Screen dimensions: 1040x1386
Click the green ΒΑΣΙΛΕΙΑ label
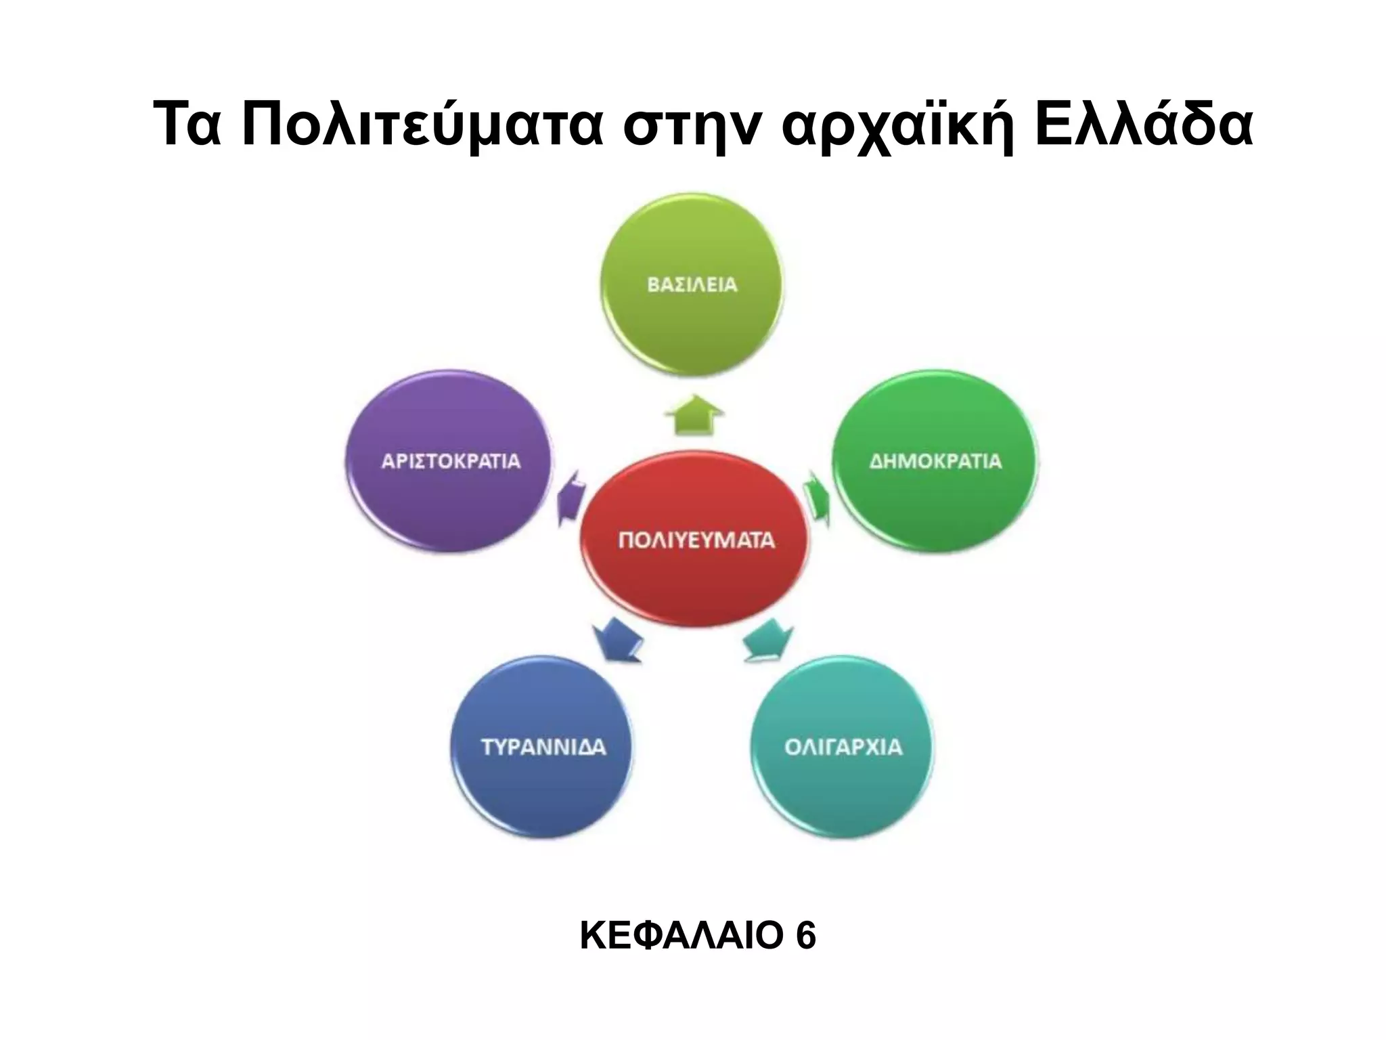tap(692, 285)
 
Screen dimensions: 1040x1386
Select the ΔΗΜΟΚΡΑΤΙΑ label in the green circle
tap(935, 462)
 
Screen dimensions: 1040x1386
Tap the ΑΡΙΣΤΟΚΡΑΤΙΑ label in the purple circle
tap(451, 462)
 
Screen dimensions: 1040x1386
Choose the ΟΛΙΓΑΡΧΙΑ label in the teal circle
tap(843, 747)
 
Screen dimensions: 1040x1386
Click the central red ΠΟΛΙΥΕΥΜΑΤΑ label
tap(696, 540)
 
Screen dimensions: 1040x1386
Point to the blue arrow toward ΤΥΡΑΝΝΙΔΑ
tap(617, 640)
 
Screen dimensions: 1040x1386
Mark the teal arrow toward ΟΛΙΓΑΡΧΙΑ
tap(769, 640)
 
